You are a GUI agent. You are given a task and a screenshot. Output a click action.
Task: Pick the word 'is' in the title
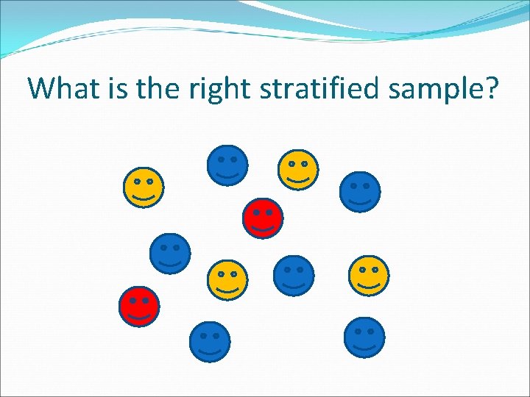(x=107, y=88)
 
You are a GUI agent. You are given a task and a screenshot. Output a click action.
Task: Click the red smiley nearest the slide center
(x=263, y=218)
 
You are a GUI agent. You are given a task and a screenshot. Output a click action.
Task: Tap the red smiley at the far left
(x=139, y=307)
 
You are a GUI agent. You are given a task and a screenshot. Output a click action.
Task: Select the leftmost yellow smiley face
(x=144, y=187)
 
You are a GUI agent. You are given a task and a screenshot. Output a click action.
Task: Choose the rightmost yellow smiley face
(x=368, y=276)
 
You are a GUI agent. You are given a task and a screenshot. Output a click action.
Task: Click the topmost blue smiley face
(x=227, y=165)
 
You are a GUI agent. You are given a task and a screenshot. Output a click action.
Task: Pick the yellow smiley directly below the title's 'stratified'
(x=297, y=170)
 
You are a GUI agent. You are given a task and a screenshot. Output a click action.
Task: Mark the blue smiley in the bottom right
(x=364, y=337)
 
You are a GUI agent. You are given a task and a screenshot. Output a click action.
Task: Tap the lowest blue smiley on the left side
(x=210, y=342)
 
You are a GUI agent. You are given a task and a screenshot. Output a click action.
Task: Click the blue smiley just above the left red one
(x=170, y=254)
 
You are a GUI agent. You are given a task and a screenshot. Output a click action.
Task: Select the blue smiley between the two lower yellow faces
(x=294, y=276)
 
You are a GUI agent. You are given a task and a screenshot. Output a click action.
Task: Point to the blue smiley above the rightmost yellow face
(x=360, y=192)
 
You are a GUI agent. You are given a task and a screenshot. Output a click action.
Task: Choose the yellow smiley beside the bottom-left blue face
(x=227, y=280)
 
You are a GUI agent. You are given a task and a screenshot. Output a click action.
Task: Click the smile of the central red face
(x=263, y=227)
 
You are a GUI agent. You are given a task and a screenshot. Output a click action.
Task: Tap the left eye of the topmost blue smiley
(x=221, y=159)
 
